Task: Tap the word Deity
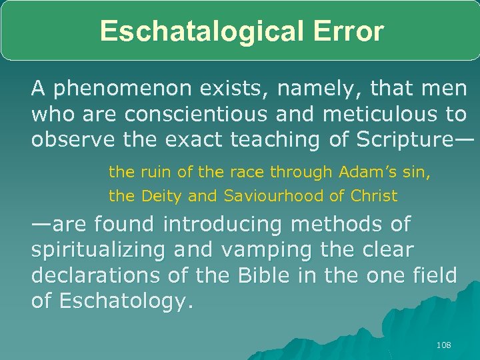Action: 159,196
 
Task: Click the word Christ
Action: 374,196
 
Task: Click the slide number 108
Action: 443,345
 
